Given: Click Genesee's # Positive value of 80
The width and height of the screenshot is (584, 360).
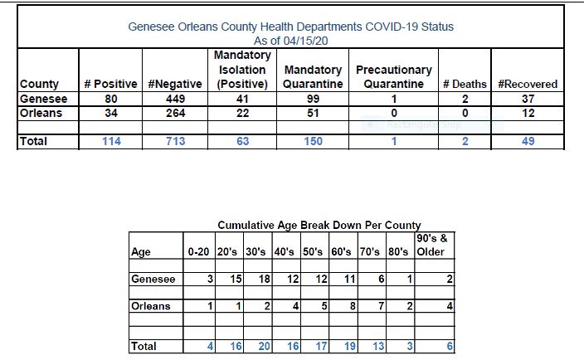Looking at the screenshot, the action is pos(111,99).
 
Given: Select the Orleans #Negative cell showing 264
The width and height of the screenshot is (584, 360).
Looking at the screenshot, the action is pos(175,113).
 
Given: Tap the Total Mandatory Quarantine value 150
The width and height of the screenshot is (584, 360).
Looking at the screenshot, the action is pos(313,142).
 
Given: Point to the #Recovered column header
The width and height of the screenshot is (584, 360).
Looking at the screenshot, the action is pos(528,84).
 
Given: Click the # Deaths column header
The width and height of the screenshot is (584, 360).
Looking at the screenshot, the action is pos(465,84).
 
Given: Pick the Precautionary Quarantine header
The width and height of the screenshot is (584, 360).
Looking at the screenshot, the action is pos(394,76).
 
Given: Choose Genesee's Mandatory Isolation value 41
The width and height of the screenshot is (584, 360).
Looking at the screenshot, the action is pos(242,99).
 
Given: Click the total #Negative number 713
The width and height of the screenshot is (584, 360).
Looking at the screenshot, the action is pos(175,142).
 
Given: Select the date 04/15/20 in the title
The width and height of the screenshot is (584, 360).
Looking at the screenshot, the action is pos(305,41).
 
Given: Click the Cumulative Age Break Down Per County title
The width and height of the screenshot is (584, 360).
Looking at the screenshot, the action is pos(319,226).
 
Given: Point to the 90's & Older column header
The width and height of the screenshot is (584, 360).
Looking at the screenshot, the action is pos(432,245).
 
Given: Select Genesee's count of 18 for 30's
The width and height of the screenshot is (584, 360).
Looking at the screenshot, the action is pos(265,279).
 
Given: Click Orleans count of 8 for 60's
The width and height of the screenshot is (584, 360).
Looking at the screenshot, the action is pos(353,306).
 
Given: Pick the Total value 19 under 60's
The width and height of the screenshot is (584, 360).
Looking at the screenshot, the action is pos(350,346).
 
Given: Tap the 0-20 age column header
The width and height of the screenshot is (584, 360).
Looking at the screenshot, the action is pos(198,252).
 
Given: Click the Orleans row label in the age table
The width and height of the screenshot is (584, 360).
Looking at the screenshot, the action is pos(151,306).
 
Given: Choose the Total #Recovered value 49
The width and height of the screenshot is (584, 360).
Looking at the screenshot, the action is pos(528,142).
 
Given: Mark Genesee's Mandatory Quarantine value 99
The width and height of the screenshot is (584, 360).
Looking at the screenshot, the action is pos(313,99).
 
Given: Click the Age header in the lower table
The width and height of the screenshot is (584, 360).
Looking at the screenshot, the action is pos(141,252).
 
